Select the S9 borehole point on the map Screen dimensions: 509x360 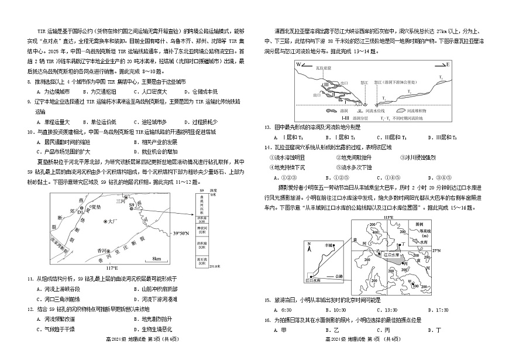[139, 206]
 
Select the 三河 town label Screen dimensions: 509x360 [120, 201]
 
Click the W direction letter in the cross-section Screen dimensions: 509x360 [298, 64]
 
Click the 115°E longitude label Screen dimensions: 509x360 [388, 218]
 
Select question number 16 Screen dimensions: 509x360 [267, 320]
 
